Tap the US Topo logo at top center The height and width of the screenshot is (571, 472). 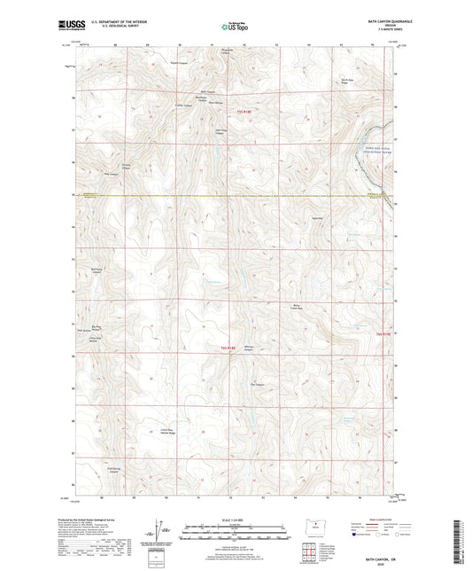pyautogui.click(x=228, y=28)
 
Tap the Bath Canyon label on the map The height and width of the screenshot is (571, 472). pyautogui.click(x=209, y=91)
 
